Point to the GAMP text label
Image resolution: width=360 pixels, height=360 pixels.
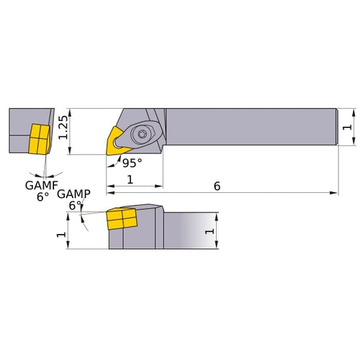[x=73, y=194]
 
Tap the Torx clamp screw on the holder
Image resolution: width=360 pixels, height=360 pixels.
[x=140, y=132]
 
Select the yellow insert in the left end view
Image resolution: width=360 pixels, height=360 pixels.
[x=37, y=138]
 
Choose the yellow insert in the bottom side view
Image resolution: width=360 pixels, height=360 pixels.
[x=121, y=220]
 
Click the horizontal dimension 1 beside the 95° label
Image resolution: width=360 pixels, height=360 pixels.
[x=130, y=179]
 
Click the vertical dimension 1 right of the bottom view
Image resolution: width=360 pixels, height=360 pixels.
[x=210, y=231]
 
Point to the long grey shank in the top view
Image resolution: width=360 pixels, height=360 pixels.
[x=252, y=127]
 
